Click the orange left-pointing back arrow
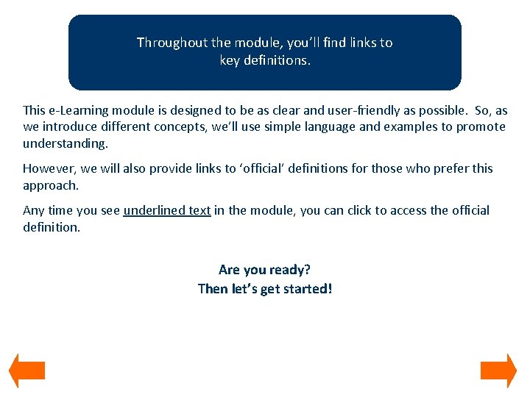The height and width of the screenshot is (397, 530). (x=26, y=371)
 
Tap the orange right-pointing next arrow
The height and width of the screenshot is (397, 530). (x=498, y=371)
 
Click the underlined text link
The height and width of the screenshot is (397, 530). (x=167, y=210)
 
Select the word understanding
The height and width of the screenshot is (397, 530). (x=65, y=143)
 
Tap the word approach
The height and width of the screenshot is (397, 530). (x=49, y=185)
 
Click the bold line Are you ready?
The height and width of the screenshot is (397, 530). (x=264, y=270)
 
